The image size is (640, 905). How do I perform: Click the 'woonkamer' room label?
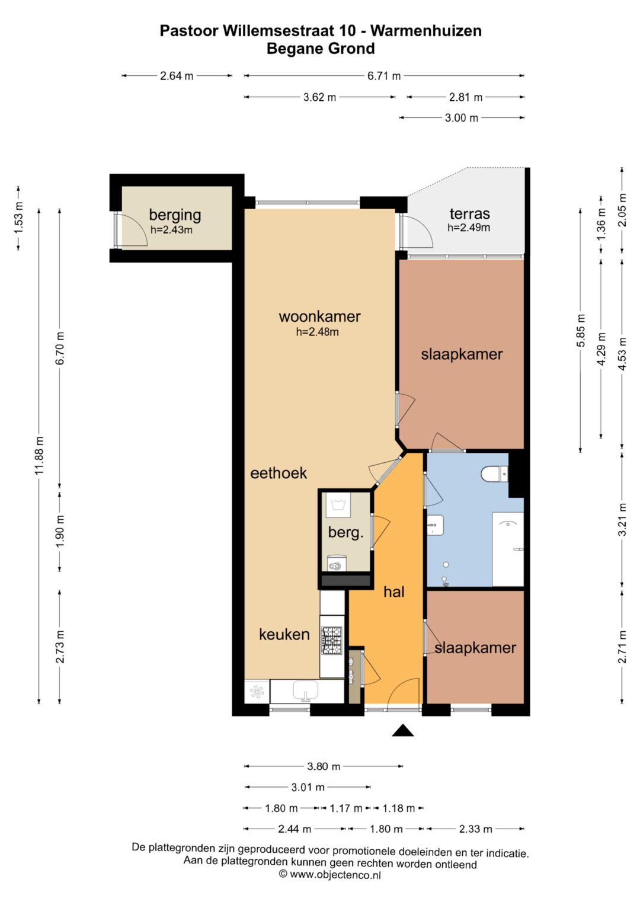pyautogui.click(x=319, y=316)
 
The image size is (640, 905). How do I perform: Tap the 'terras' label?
pyautogui.click(x=469, y=213)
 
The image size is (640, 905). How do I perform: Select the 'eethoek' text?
pyautogui.click(x=279, y=473)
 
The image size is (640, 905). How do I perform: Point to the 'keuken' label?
pyautogui.click(x=284, y=634)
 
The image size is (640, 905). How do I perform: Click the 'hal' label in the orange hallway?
pyautogui.click(x=394, y=592)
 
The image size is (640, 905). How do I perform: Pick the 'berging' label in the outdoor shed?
pyautogui.click(x=175, y=215)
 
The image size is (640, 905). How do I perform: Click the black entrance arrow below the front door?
pyautogui.click(x=403, y=730)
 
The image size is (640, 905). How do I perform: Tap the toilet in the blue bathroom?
pyautogui.click(x=494, y=474)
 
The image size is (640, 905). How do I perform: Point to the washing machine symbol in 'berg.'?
pyautogui.click(x=338, y=505)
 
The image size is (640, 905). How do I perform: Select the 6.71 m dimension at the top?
pyautogui.click(x=384, y=75)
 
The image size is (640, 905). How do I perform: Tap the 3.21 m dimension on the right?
pyautogui.click(x=622, y=520)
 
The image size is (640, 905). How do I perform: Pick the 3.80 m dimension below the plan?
pyautogui.click(x=323, y=766)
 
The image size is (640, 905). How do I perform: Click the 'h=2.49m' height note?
pyautogui.click(x=469, y=228)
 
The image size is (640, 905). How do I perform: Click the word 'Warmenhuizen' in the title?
pyautogui.click(x=426, y=31)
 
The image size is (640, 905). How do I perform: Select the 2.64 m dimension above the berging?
pyautogui.click(x=177, y=75)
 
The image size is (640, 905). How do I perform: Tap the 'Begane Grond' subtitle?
pyautogui.click(x=321, y=49)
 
